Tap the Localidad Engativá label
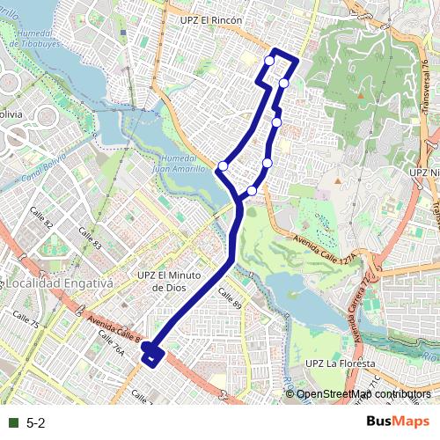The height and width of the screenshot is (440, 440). [60, 284]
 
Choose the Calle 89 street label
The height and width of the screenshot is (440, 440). [229, 295]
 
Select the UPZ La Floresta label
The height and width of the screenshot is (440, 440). [340, 363]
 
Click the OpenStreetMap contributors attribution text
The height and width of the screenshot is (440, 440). [363, 394]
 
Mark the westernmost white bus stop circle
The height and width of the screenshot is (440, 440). [224, 165]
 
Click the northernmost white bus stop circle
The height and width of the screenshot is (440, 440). [269, 60]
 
